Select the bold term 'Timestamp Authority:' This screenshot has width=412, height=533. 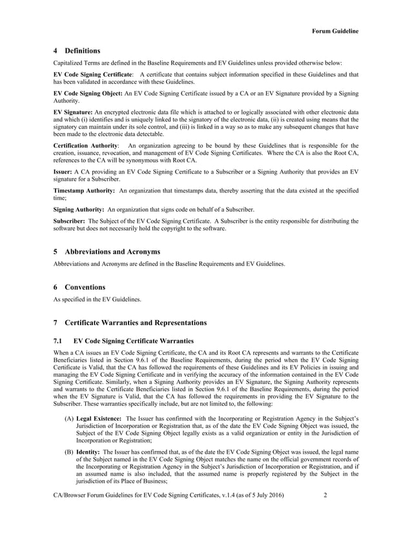point(84,191)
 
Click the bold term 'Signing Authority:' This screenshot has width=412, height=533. point(79,210)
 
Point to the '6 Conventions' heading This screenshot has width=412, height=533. point(79,287)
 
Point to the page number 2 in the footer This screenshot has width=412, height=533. point(326,512)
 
